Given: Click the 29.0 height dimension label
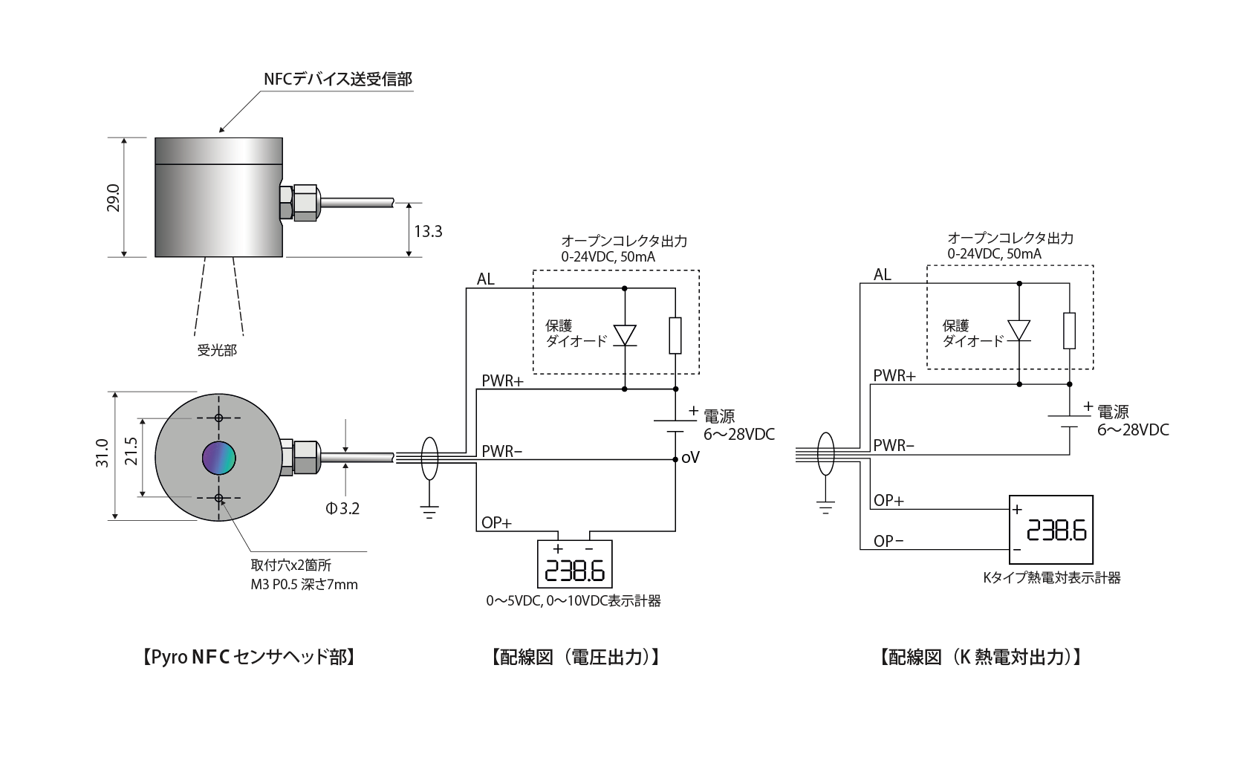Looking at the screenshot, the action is pos(113,198).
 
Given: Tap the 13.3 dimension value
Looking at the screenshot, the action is pos(428,231).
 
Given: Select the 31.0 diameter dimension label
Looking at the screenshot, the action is pos(102,453).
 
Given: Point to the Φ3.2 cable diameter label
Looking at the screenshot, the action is pos(342,508).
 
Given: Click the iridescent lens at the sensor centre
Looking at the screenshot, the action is pos(219,458).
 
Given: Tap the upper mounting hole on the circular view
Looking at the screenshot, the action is pos(219,418).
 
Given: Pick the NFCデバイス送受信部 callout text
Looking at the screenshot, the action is pos(338,79).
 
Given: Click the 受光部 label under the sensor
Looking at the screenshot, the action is pos(217,350).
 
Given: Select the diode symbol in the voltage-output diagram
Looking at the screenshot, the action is pos(625,335).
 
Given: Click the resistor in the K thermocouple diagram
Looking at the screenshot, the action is pos(1069,331).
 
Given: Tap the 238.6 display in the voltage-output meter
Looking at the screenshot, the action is pos(574,571).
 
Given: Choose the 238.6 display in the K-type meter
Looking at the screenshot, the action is pos(1056,531).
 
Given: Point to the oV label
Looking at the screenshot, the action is pos(690,458).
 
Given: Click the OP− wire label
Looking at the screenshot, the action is pos(888,541).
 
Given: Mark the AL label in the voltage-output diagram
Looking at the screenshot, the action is pos(485,279).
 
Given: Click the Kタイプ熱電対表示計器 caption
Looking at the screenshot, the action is pos(1052,578).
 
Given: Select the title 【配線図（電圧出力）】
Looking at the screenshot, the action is pos(576,657).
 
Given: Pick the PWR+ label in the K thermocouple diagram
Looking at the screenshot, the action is pos(894,376).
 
